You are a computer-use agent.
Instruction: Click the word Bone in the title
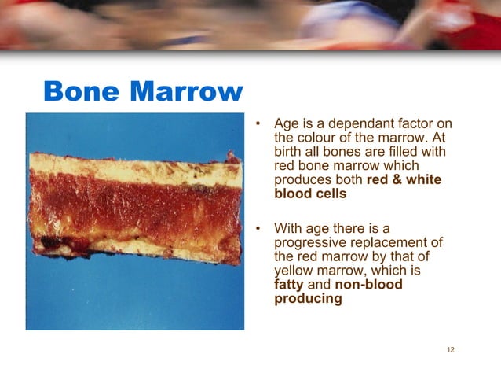(80, 92)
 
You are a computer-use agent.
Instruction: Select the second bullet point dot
(257, 229)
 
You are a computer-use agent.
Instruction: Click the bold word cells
(330, 194)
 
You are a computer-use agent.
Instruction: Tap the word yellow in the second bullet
(293, 271)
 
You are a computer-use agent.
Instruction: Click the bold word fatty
(290, 285)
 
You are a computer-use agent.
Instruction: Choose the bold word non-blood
(368, 285)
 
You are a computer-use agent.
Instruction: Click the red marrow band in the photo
(133, 206)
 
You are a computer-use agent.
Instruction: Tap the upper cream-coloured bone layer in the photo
(133, 168)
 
